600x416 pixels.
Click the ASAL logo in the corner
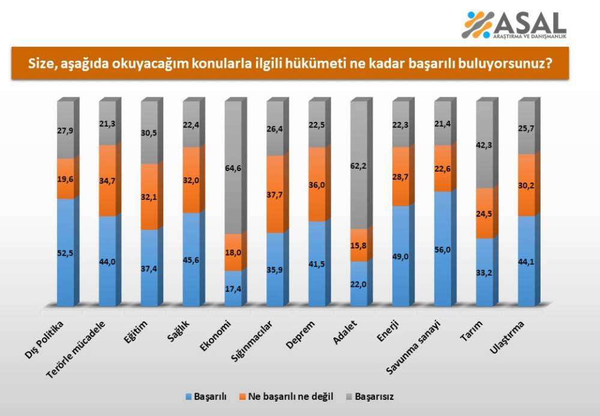click(x=515, y=25)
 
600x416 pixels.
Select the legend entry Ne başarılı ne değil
click(x=287, y=397)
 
